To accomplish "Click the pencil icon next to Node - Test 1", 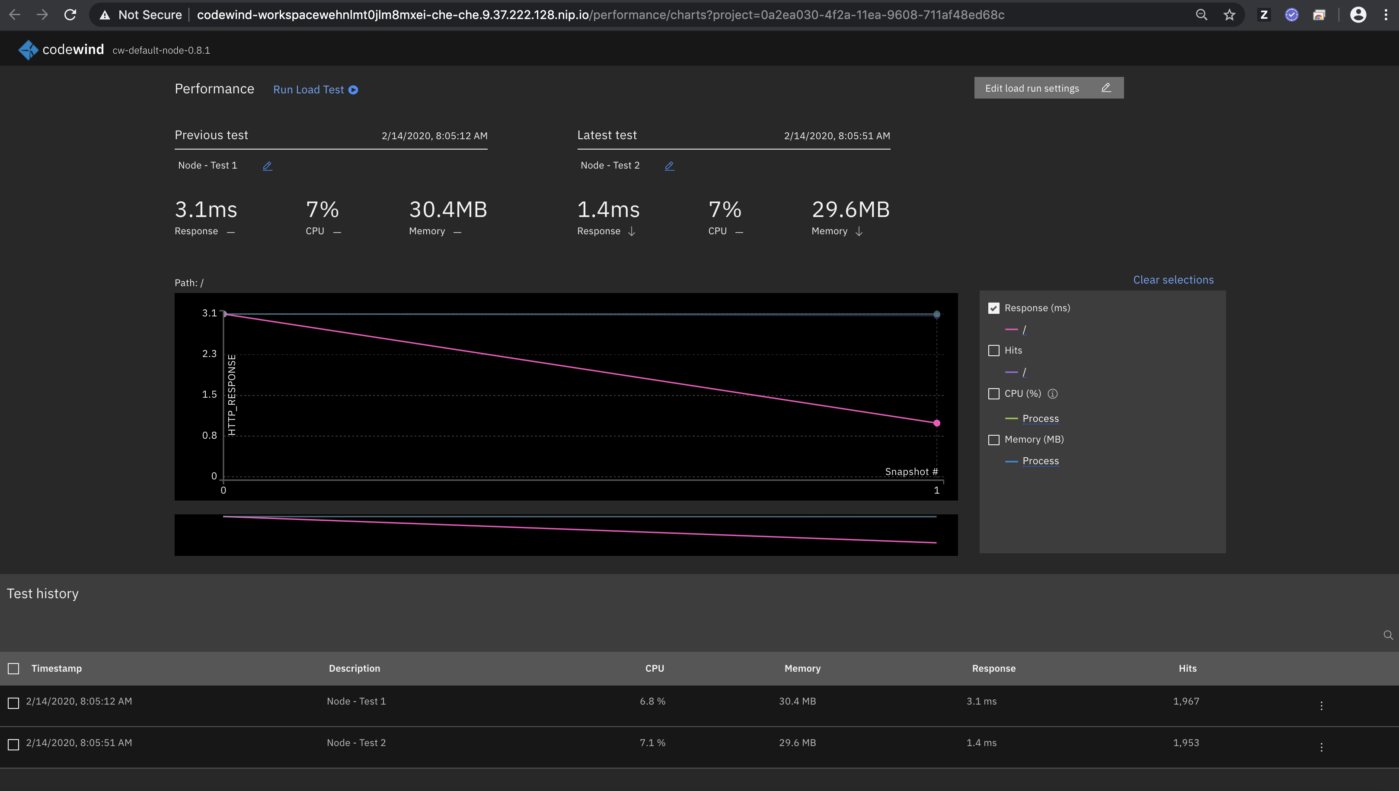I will click(x=267, y=166).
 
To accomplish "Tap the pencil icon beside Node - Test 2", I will click(x=669, y=166).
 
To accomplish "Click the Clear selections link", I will click(x=1173, y=280).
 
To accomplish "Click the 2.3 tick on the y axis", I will click(x=209, y=354).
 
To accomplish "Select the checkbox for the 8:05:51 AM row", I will click(x=13, y=744).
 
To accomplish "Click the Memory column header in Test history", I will click(x=802, y=668).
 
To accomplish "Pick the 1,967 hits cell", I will click(x=1185, y=702).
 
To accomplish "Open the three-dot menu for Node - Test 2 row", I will click(x=1321, y=747).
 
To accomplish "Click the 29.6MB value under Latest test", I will click(x=850, y=210).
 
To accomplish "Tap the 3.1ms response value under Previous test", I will click(x=206, y=210).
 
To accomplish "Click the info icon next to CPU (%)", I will click(x=1052, y=394).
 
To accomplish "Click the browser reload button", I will click(x=70, y=15).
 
